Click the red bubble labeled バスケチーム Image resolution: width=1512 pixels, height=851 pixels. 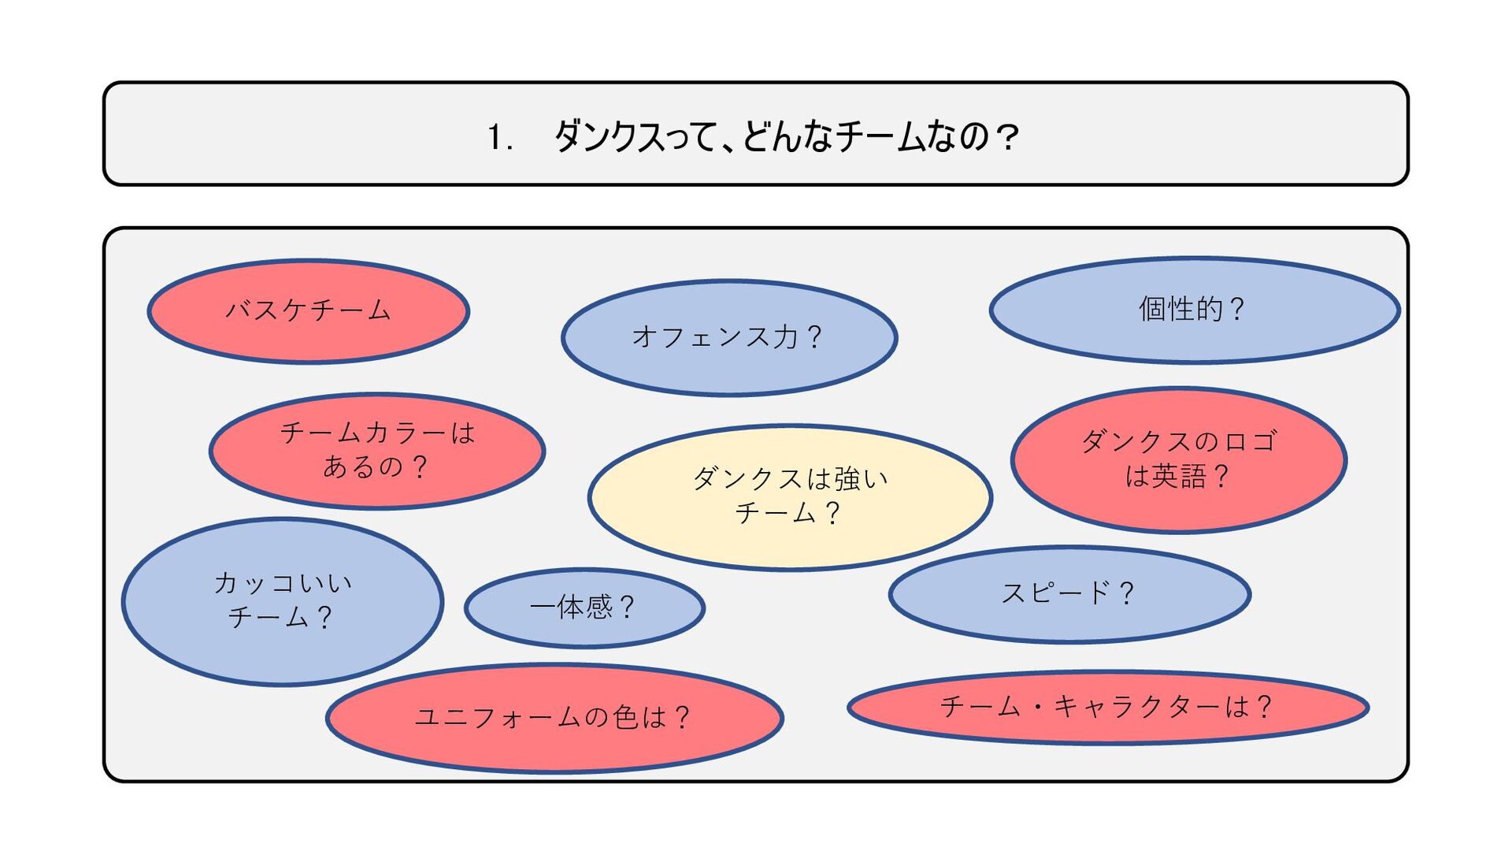pyautogui.click(x=309, y=311)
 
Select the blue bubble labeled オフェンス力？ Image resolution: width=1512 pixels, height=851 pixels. pyautogui.click(x=729, y=337)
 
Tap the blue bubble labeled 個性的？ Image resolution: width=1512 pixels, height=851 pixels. pyautogui.click(x=1194, y=309)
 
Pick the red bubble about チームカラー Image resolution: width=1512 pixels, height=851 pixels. pyautogui.click(x=377, y=451)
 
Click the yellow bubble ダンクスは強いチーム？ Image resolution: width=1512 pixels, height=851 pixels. pyautogui.click(x=789, y=496)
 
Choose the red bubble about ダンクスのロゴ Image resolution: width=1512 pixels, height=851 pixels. pyautogui.click(x=1178, y=459)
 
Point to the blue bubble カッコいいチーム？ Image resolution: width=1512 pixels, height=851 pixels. pyautogui.click(x=282, y=601)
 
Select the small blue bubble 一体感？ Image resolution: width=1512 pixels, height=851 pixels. pyautogui.click(x=584, y=608)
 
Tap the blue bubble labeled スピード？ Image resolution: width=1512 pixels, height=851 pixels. pyautogui.click(x=1069, y=593)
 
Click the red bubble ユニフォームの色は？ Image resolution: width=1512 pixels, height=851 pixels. pyautogui.click(x=554, y=718)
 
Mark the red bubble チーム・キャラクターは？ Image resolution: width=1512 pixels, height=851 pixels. pyautogui.click(x=1107, y=707)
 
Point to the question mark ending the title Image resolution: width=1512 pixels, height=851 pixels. pyautogui.click(x=1006, y=137)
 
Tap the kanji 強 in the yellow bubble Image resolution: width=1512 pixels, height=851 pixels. pyautogui.click(x=847, y=478)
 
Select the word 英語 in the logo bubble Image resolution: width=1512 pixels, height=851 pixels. pyautogui.click(x=1179, y=476)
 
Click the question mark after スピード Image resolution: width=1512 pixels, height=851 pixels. pyautogui.click(x=1126, y=593)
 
